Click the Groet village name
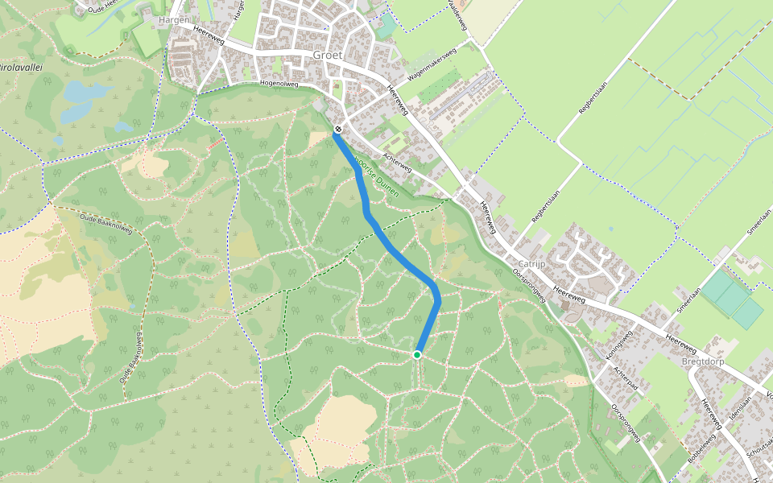pos(327,56)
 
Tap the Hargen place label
pos(175,19)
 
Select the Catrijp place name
pos(532,263)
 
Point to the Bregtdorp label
pos(707,361)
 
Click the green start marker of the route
pos(417,354)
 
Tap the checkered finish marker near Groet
pos(340,129)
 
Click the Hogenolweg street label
pos(279,83)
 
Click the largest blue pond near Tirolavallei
pos(81,93)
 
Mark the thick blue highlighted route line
pos(395,250)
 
